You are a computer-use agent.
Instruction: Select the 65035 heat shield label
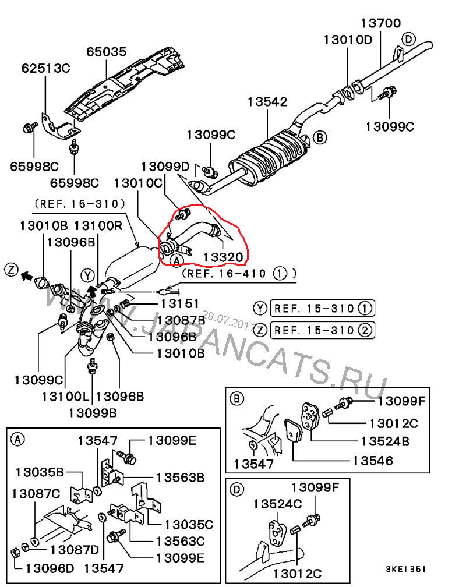click(107, 52)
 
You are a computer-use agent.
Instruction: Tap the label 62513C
click(45, 68)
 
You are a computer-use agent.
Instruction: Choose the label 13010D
click(348, 40)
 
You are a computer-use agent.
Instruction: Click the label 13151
click(180, 303)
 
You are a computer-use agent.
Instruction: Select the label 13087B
click(181, 319)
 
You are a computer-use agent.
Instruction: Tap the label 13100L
click(65, 397)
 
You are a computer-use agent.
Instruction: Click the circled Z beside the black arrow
click(9, 269)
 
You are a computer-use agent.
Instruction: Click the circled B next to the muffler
click(319, 137)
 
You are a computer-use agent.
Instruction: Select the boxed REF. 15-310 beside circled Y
click(323, 308)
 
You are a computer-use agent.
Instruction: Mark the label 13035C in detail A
click(188, 524)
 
